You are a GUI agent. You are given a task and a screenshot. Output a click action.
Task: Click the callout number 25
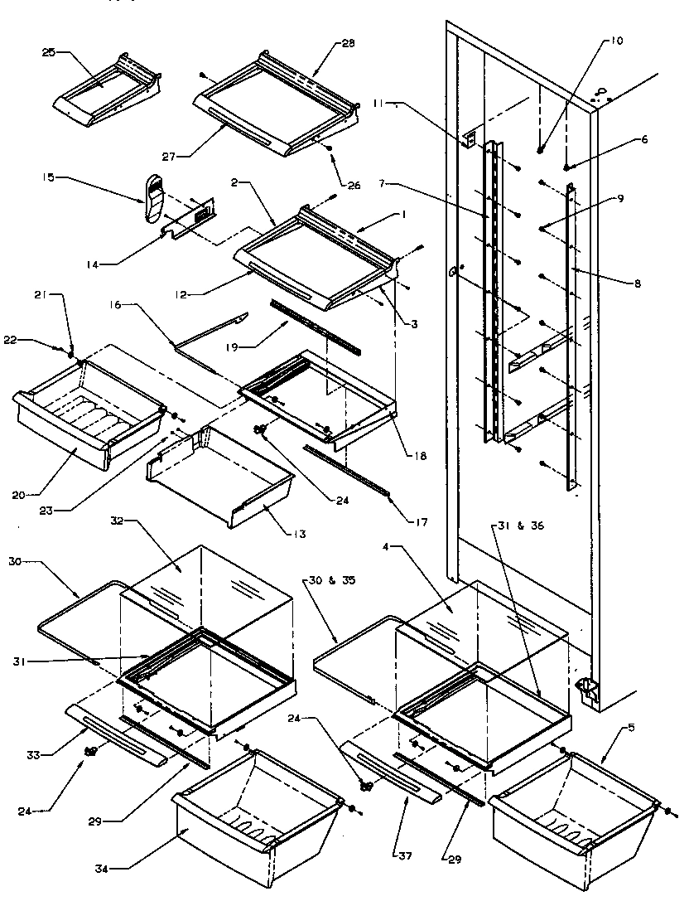48,52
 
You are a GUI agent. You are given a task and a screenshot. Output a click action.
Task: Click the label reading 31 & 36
511,526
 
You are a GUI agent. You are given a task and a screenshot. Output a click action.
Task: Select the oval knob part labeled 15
152,199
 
